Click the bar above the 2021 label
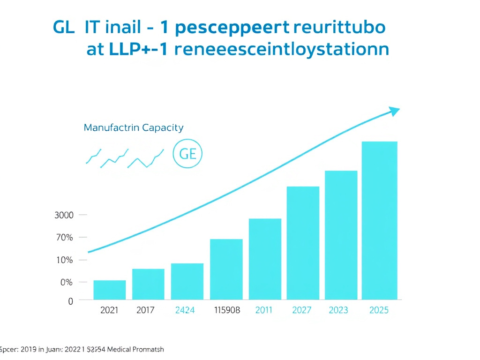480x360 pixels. (x=110, y=290)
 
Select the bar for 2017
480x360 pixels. (x=148, y=284)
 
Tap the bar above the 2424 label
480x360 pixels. (x=187, y=281)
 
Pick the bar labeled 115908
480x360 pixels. (x=226, y=269)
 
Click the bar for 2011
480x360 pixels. (x=265, y=259)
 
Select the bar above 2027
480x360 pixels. (x=303, y=243)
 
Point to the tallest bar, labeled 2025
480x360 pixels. (x=379, y=220)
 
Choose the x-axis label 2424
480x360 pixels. (x=185, y=310)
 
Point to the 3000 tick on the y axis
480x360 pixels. (x=64, y=216)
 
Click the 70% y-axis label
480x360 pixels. (x=64, y=238)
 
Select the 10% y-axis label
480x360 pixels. (x=64, y=260)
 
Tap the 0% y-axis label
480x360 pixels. (x=66, y=283)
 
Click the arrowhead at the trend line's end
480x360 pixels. (x=395, y=111)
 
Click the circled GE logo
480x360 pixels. (x=187, y=153)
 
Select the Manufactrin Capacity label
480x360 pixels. (x=134, y=127)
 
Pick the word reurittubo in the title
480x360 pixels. (x=339, y=28)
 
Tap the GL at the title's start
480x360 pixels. (x=64, y=28)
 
